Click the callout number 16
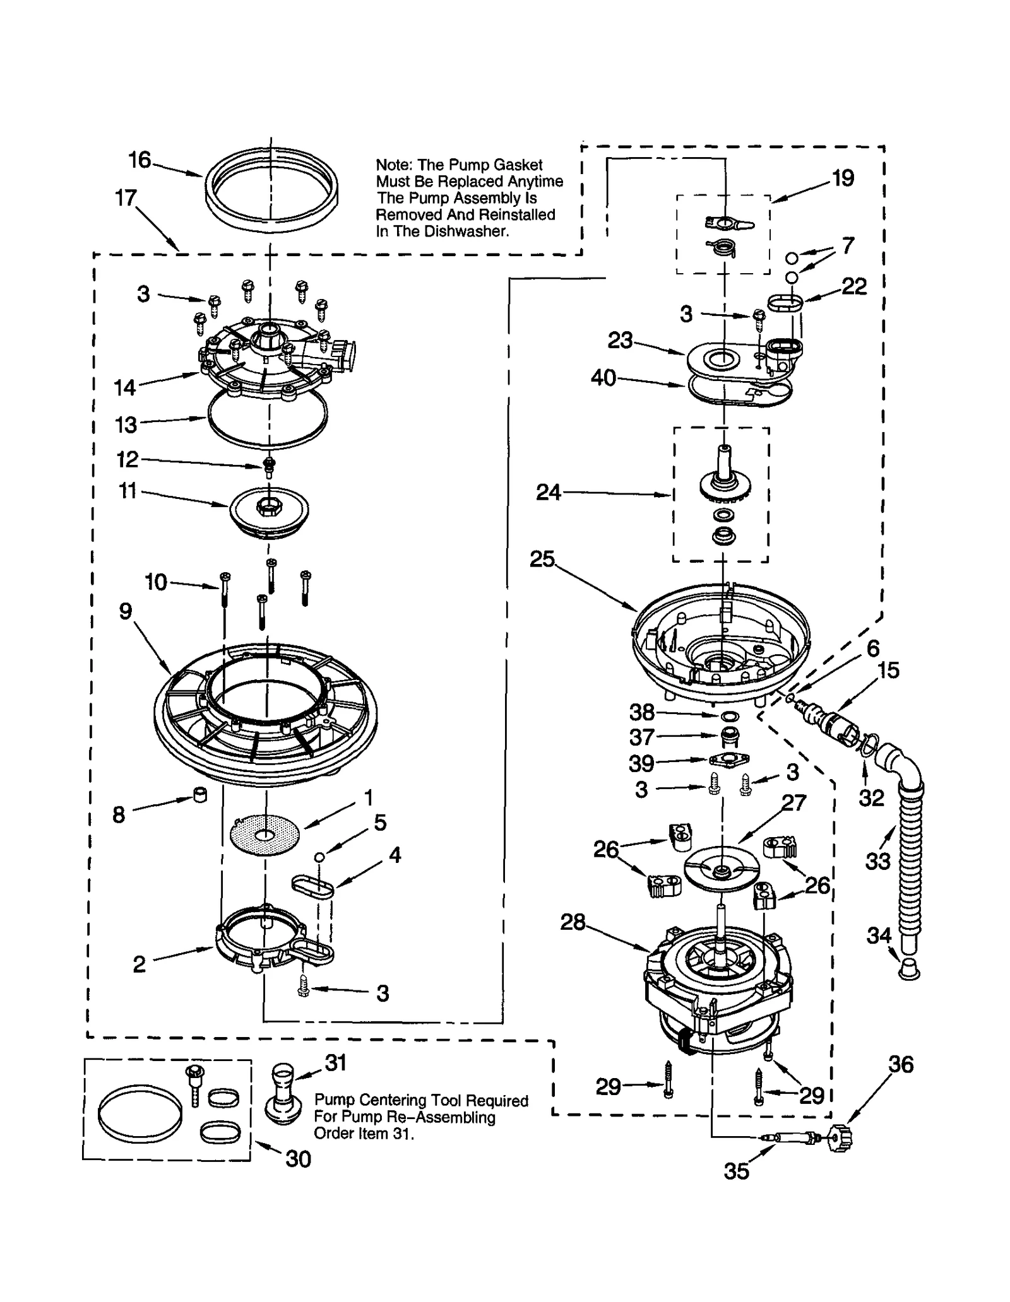point(140,160)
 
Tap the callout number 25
point(542,559)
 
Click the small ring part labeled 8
point(199,794)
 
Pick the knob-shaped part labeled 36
point(840,1137)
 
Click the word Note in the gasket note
point(393,165)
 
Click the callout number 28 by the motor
point(573,922)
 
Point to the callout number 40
point(603,378)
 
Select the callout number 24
point(548,492)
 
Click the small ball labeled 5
point(320,856)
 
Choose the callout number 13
point(126,425)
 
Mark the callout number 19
point(843,179)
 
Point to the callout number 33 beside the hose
point(877,860)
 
